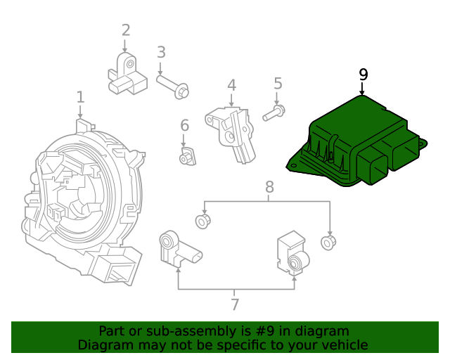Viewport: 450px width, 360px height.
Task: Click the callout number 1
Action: click(x=80, y=97)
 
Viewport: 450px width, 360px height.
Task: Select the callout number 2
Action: click(x=126, y=30)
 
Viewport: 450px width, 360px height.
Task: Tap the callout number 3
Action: click(x=161, y=52)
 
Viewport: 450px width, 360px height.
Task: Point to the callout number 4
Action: click(x=231, y=86)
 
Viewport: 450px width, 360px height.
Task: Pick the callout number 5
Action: click(x=278, y=84)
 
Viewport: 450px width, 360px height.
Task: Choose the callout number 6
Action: click(x=185, y=126)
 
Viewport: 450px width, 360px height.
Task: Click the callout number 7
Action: click(x=235, y=305)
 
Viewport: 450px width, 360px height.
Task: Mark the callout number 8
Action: click(x=269, y=187)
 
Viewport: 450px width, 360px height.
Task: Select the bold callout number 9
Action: click(x=363, y=75)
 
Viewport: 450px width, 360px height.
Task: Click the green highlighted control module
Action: click(x=352, y=141)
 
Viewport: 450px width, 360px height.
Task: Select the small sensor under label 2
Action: click(x=124, y=75)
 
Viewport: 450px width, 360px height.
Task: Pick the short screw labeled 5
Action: click(x=274, y=112)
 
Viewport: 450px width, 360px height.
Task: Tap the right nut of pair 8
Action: click(x=328, y=243)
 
